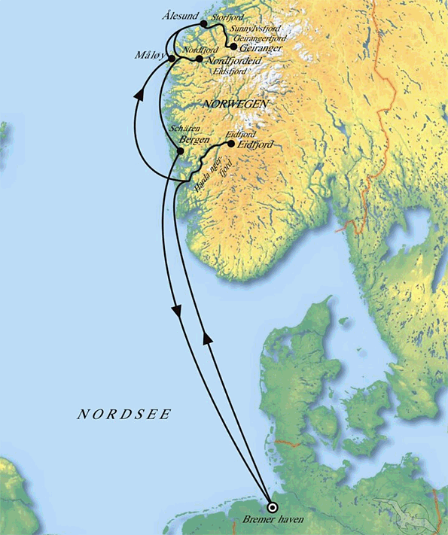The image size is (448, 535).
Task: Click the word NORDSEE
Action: tap(124, 414)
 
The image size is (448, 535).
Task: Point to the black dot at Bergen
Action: tap(179, 151)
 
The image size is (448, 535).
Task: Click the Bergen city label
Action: tap(194, 141)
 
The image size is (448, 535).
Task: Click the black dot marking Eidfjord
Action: tap(230, 142)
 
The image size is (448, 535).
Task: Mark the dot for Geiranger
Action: tap(233, 46)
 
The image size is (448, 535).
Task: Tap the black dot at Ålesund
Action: tap(204, 24)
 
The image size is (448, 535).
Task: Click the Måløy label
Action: tap(152, 56)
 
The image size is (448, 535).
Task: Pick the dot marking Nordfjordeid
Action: tap(197, 59)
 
